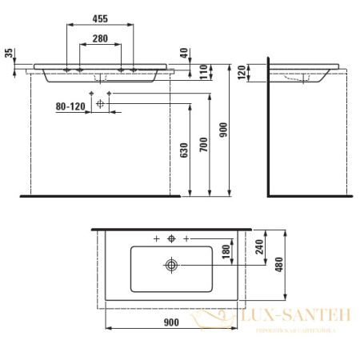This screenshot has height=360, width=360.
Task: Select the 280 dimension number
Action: coord(100,39)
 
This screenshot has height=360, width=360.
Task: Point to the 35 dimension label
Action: coord(9,55)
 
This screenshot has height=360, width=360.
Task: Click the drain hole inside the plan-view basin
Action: coord(171,263)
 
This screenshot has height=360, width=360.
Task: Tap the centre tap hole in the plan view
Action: coord(170,238)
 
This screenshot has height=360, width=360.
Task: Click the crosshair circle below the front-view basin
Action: coord(100,103)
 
